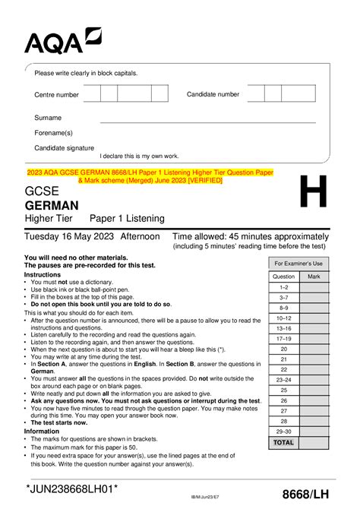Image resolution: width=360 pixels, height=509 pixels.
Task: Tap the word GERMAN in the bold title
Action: (x=52, y=205)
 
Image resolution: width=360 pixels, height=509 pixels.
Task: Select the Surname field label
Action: (x=48, y=118)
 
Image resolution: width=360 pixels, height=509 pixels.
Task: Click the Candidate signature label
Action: (x=65, y=148)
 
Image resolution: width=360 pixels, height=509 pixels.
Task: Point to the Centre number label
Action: (x=56, y=95)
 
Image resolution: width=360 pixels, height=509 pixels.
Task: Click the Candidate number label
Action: (x=213, y=94)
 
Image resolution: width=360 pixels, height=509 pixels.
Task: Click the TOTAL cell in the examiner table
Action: (x=283, y=441)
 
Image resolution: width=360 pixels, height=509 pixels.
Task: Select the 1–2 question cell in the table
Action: (x=283, y=288)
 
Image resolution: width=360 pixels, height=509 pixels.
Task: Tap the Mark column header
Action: (x=314, y=277)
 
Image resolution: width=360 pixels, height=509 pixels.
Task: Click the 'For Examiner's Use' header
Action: (x=298, y=263)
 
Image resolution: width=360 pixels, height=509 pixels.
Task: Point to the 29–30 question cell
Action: (x=283, y=431)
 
